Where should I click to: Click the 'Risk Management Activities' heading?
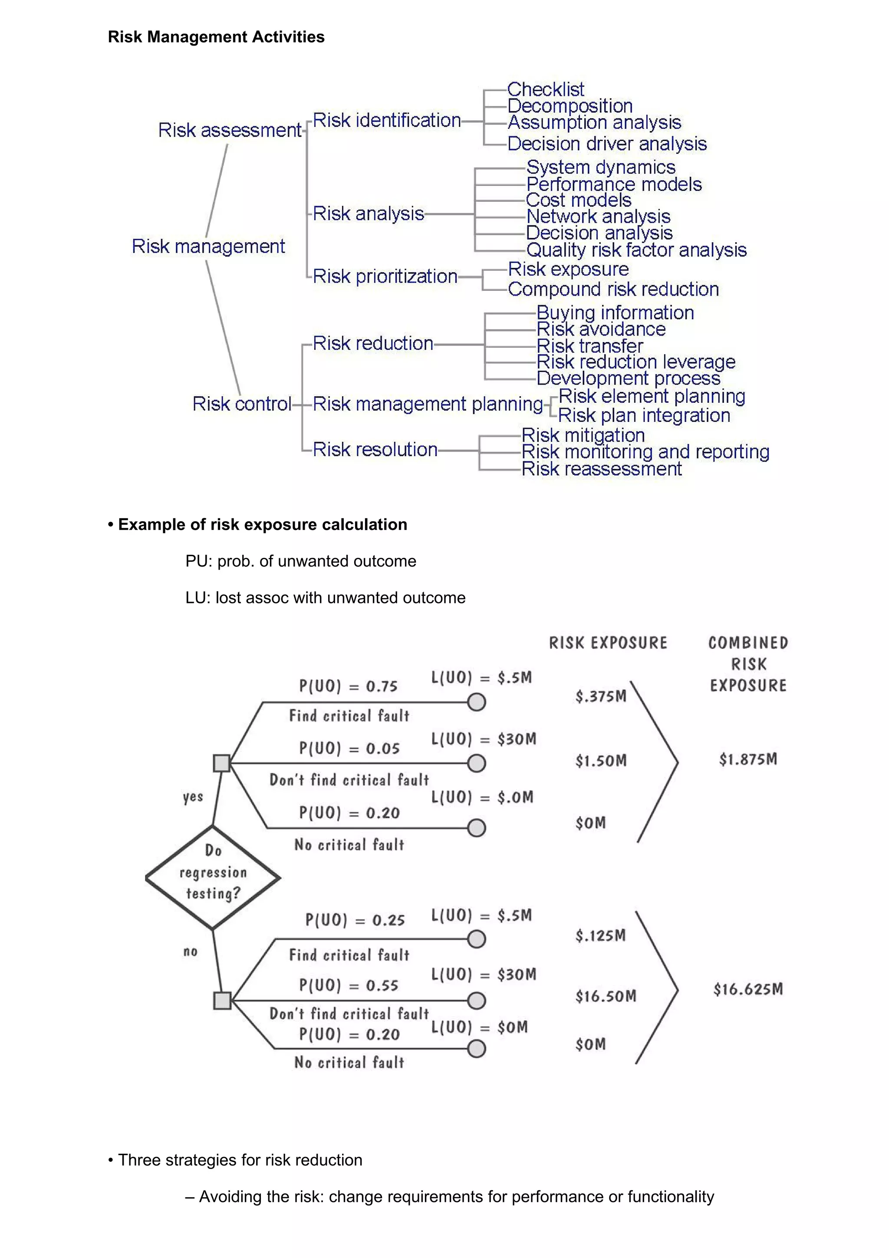[x=216, y=37]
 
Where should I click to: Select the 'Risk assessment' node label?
[x=230, y=130]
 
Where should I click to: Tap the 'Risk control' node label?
[x=241, y=404]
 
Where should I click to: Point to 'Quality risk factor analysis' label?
[x=636, y=250]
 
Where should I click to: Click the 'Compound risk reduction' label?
[x=613, y=289]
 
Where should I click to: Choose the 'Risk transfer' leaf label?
[x=589, y=346]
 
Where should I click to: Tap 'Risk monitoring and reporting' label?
[x=645, y=451]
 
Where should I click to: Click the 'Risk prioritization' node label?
[x=385, y=276]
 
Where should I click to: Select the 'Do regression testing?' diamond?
[x=213, y=877]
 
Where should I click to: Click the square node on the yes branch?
[x=222, y=763]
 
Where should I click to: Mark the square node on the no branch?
[x=222, y=1001]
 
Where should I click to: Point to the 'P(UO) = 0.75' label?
[x=348, y=686]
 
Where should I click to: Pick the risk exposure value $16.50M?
[x=605, y=996]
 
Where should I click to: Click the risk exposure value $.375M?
[x=600, y=696]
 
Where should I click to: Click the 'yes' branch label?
[x=193, y=797]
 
